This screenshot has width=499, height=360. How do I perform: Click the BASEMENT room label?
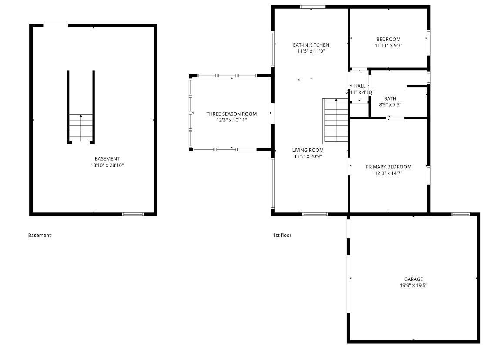[x=107, y=158]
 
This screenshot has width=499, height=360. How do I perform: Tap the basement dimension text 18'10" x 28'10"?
[x=107, y=165]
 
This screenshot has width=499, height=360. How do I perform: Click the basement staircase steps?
[x=81, y=128]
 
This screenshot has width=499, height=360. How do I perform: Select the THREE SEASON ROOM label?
[x=231, y=114]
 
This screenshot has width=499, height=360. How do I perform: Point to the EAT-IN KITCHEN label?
[x=311, y=45]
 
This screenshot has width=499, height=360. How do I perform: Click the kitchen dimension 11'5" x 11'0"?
[x=311, y=51]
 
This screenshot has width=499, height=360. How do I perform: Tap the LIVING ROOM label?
[x=308, y=150]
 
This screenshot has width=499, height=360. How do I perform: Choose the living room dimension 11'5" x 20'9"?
[x=308, y=156]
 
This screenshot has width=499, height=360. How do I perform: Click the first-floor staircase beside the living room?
[x=336, y=121]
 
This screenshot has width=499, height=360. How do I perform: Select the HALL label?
[x=360, y=86]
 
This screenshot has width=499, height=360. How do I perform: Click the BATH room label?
[x=390, y=98]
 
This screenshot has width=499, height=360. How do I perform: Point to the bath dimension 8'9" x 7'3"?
[x=390, y=104]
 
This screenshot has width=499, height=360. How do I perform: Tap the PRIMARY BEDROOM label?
[x=388, y=167]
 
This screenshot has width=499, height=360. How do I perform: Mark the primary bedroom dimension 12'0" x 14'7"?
[x=388, y=173]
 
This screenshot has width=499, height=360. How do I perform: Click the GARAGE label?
[x=413, y=279]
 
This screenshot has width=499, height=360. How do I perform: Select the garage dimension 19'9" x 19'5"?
[x=413, y=286]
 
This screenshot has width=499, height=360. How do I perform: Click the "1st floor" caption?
[x=282, y=235]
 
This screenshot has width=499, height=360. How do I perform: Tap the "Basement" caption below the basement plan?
[x=40, y=235]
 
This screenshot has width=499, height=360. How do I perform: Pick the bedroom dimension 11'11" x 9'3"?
[x=388, y=45]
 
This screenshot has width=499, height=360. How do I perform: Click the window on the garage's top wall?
[x=460, y=214]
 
